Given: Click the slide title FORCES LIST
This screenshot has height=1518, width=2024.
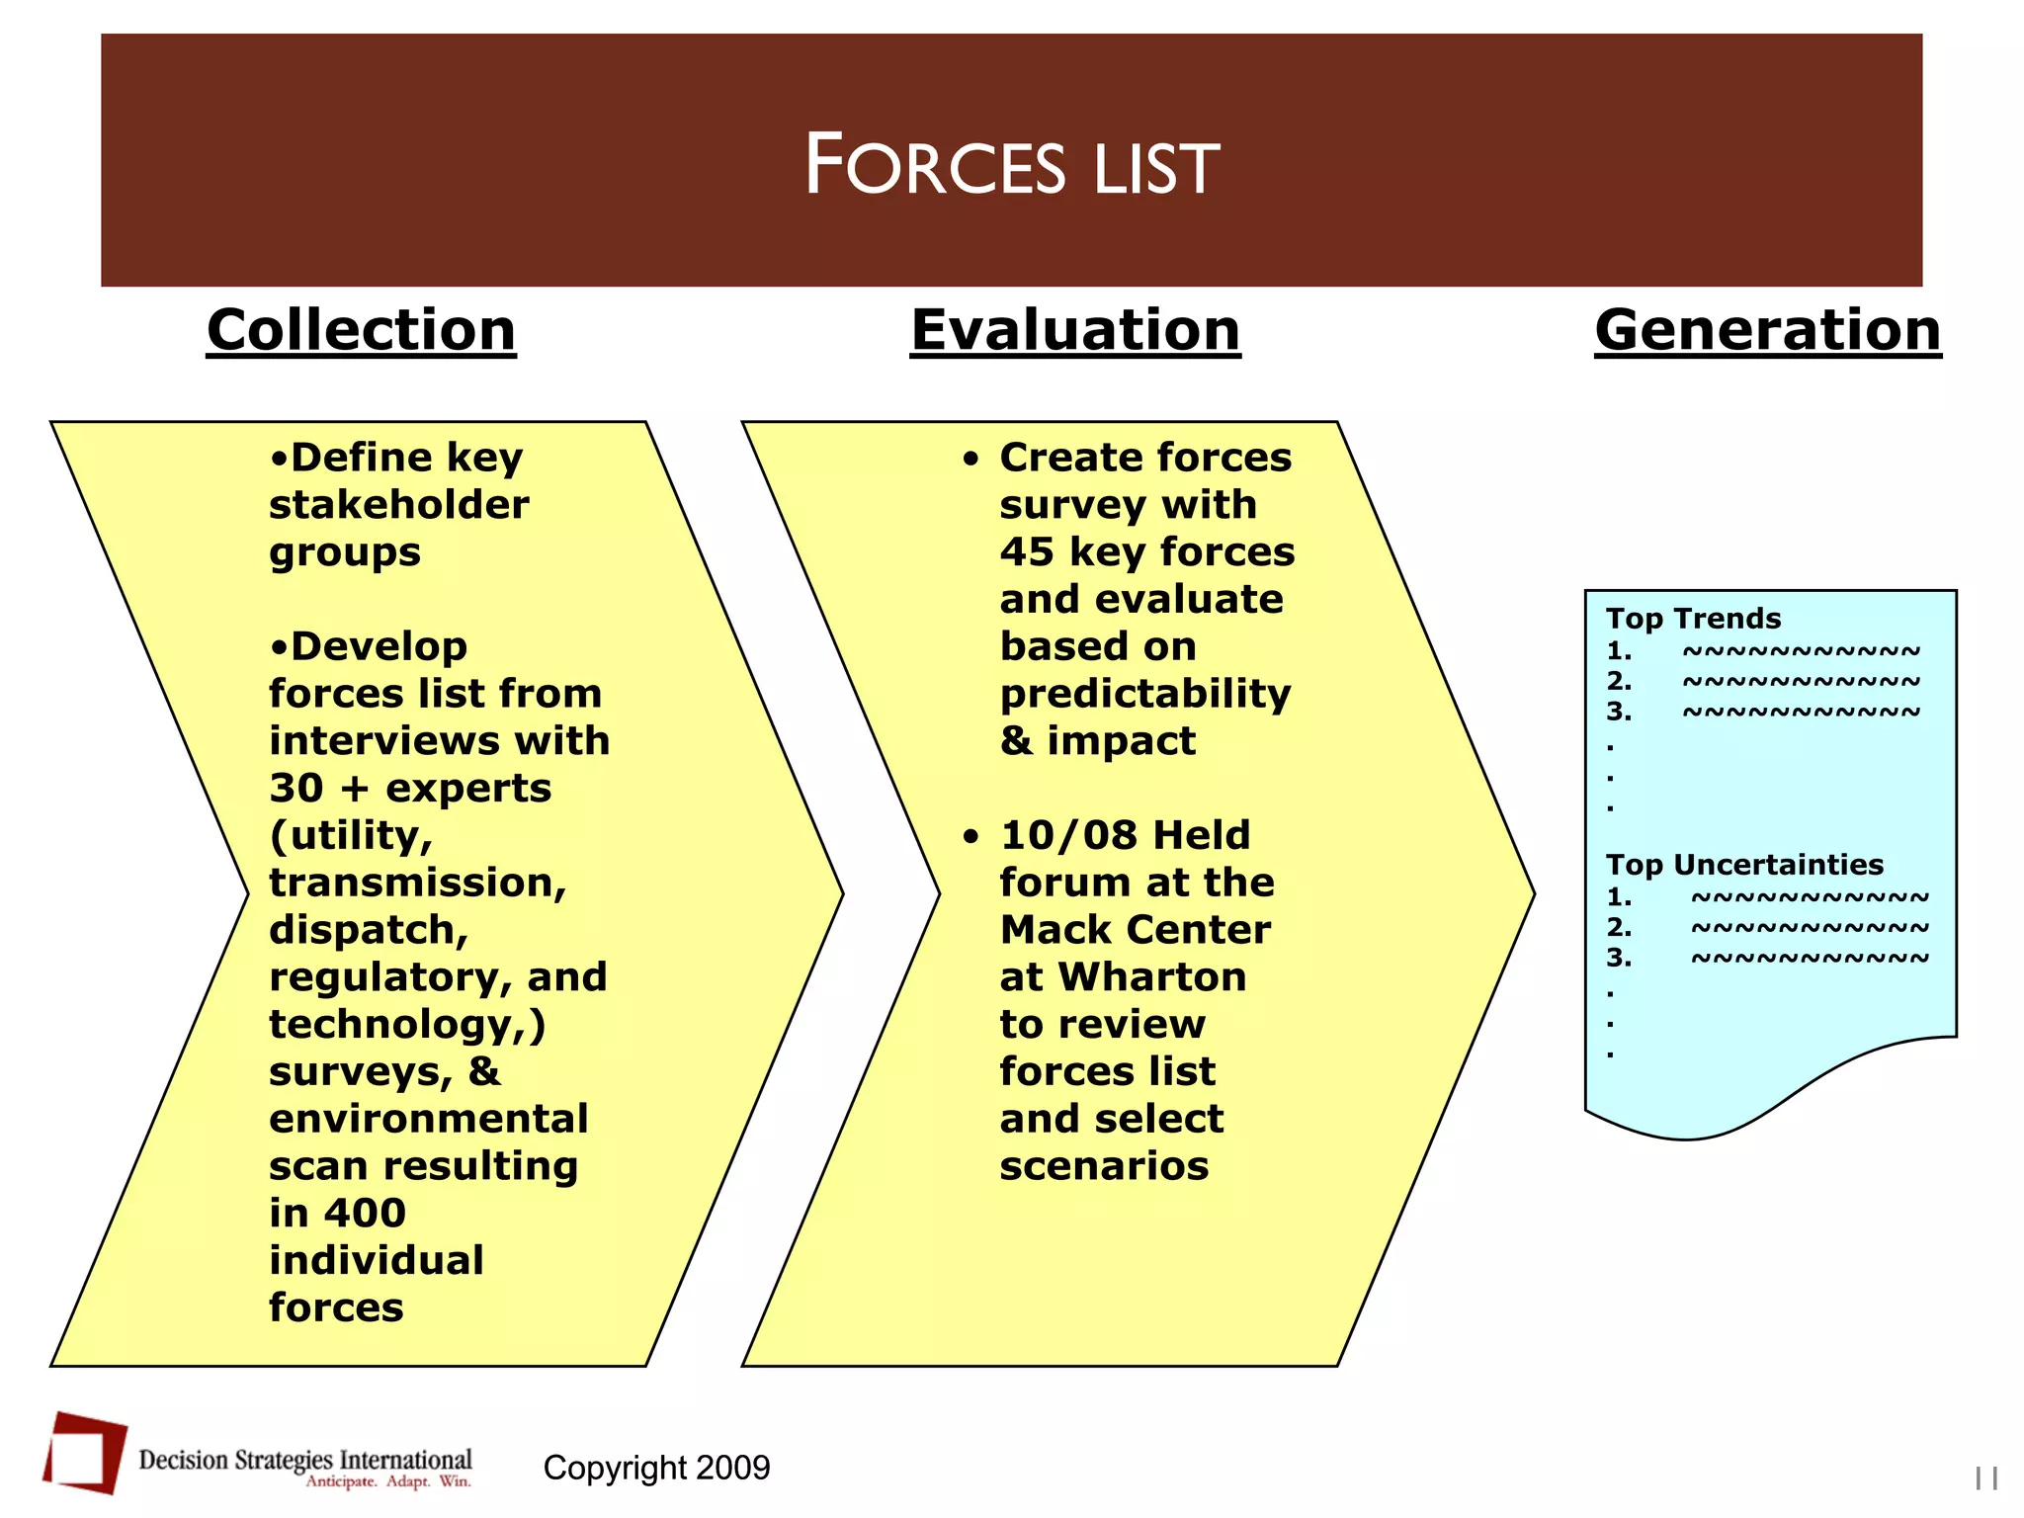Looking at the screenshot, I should click(1011, 165).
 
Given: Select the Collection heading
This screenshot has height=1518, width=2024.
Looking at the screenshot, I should click(361, 329).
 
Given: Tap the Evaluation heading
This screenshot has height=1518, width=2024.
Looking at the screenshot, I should click(1074, 329).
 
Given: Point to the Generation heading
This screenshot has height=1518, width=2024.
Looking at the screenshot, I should click(1767, 329).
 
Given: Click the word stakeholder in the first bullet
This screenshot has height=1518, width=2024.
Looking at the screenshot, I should click(398, 505).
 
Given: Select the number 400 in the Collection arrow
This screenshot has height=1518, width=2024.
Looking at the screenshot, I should click(365, 1213).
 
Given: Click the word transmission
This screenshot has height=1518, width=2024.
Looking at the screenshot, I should click(417, 883).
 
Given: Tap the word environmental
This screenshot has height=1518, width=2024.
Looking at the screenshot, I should click(428, 1119).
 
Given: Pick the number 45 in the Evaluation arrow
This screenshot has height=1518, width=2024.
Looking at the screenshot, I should click(1026, 551).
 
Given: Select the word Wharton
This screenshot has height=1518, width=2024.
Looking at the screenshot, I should click(1151, 977).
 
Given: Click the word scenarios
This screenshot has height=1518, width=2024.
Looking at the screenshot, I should click(1104, 1166).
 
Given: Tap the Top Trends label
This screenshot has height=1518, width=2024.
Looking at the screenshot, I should click(1692, 619).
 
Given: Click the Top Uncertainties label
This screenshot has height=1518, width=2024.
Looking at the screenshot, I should click(1744, 865).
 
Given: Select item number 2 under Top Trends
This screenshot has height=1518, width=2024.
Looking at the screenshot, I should click(1618, 681).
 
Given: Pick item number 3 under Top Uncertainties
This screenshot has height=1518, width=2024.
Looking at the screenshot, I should click(1618, 958).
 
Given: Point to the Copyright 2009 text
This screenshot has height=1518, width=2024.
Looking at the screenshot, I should click(656, 1468).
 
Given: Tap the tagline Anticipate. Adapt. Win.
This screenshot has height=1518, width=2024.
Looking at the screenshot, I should click(388, 1481).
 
